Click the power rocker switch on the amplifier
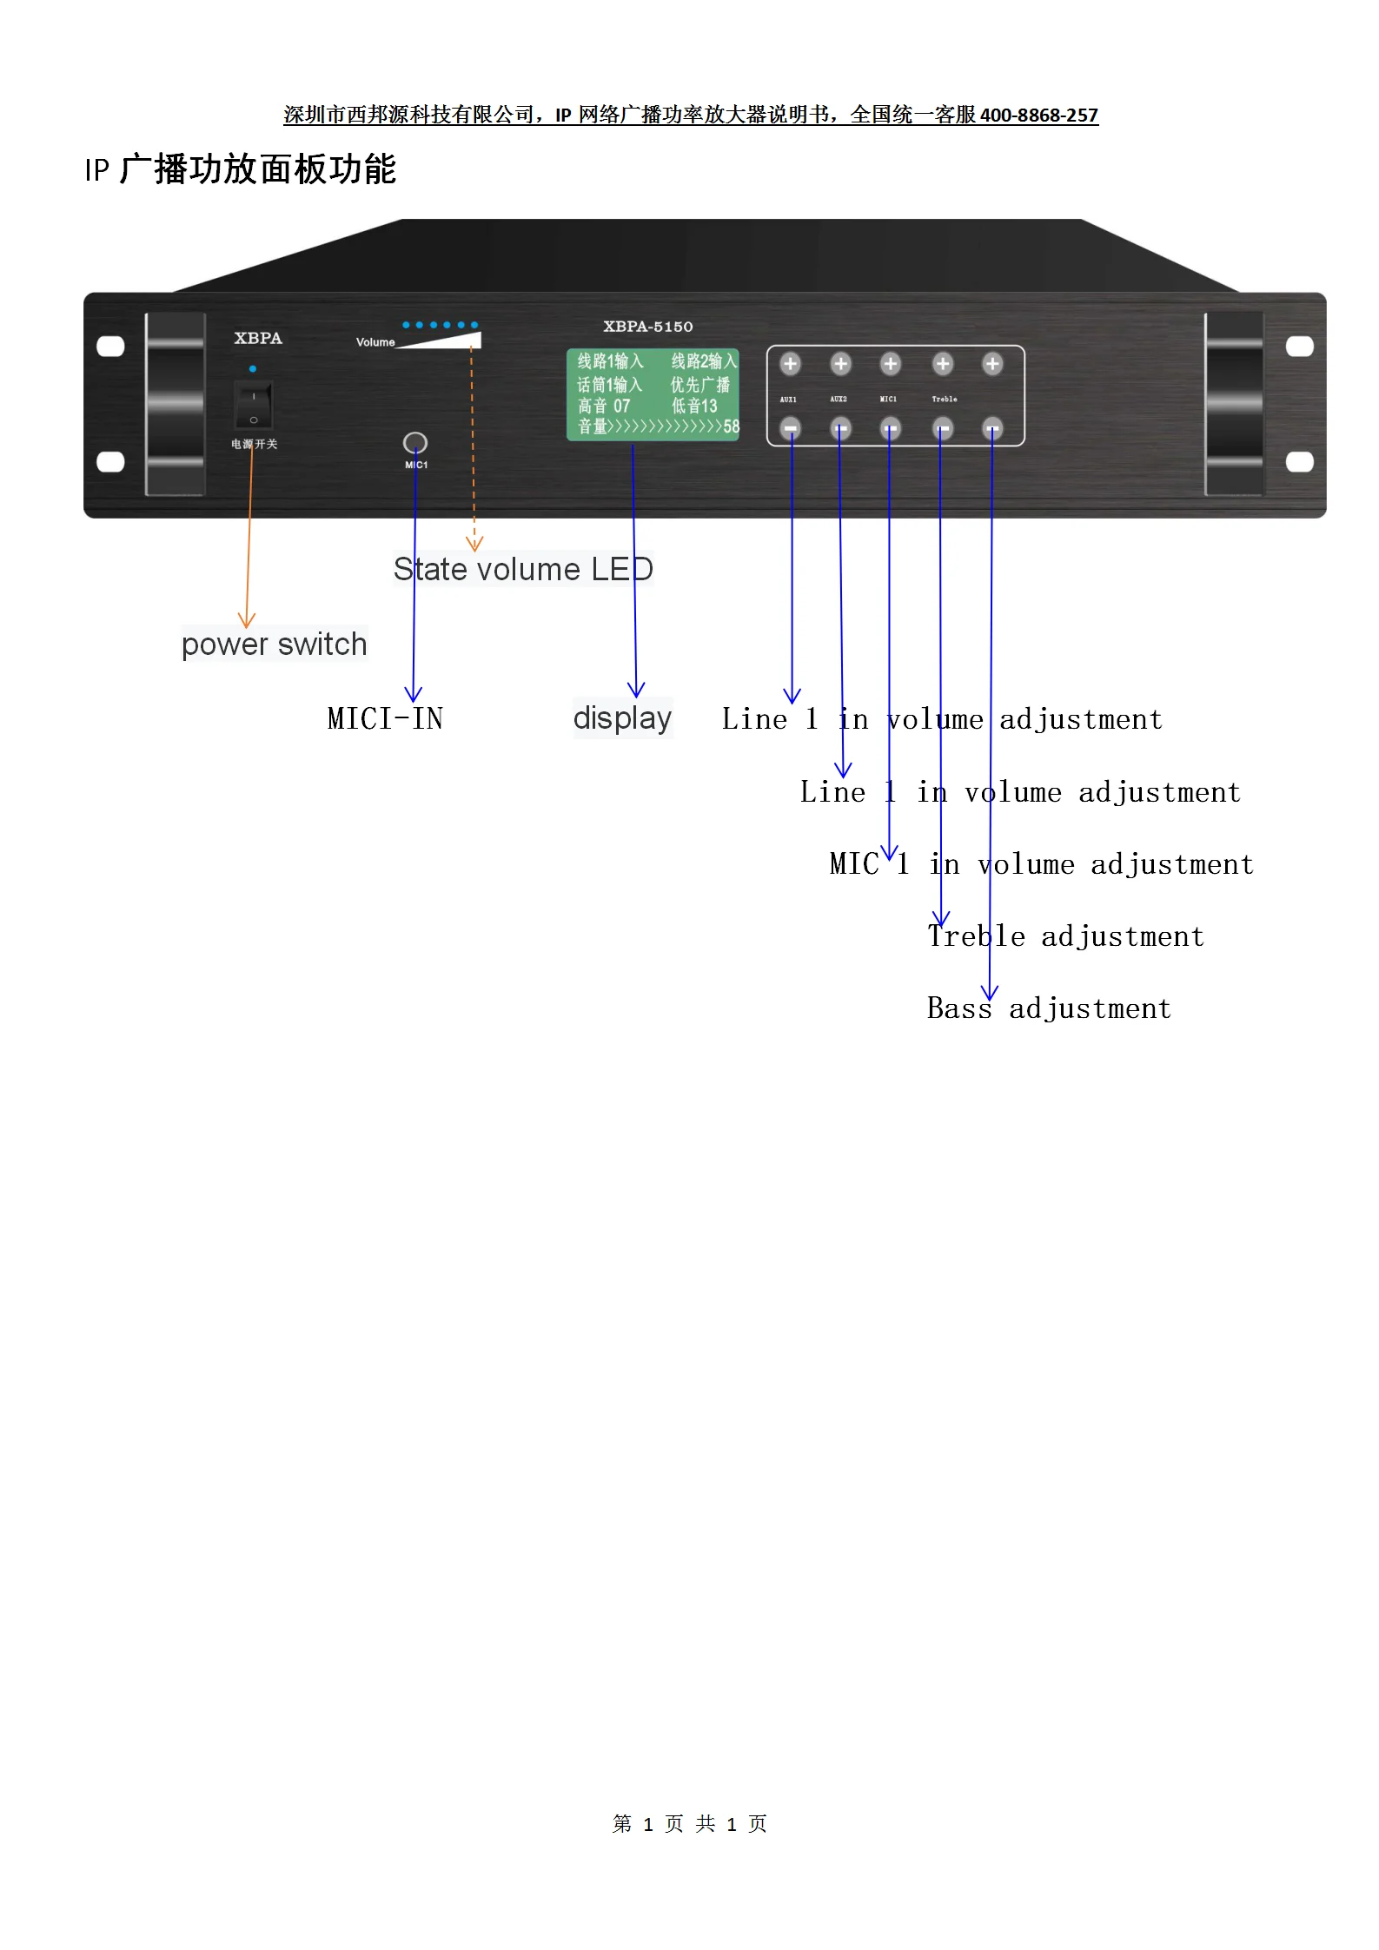point(253,406)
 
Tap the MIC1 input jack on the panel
point(415,443)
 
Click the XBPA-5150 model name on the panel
point(648,327)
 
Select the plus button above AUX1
point(790,364)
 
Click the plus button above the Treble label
point(943,364)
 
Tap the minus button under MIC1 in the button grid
point(891,428)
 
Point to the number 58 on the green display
point(731,426)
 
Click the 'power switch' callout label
point(274,644)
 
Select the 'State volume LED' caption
point(522,570)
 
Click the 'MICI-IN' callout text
point(385,719)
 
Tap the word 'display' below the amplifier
point(622,718)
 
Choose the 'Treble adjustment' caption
point(1065,936)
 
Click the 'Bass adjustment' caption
point(1049,1008)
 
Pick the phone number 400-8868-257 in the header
point(1039,115)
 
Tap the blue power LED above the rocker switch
point(253,369)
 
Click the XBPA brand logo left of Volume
point(258,338)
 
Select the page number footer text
point(689,1824)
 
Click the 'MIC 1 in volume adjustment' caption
point(1041,864)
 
